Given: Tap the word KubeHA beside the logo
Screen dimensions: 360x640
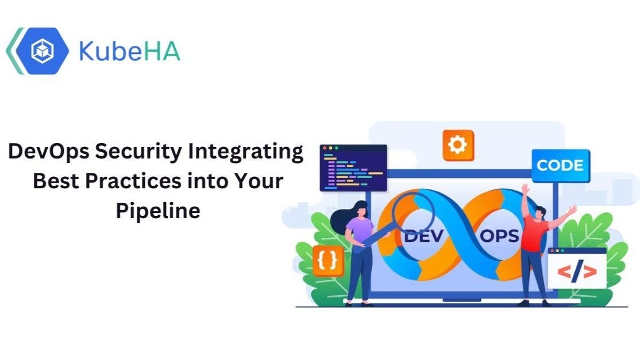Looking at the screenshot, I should (x=129, y=51).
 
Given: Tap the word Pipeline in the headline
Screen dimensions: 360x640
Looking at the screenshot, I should (x=158, y=210).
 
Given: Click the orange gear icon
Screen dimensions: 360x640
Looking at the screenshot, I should (x=458, y=145).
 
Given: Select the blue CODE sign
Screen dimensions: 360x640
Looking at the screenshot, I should (x=560, y=165).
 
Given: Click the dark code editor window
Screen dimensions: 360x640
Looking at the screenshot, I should (x=353, y=168).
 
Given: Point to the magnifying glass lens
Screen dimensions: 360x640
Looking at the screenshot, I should (x=412, y=212).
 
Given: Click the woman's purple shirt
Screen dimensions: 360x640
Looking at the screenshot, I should (x=360, y=230).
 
